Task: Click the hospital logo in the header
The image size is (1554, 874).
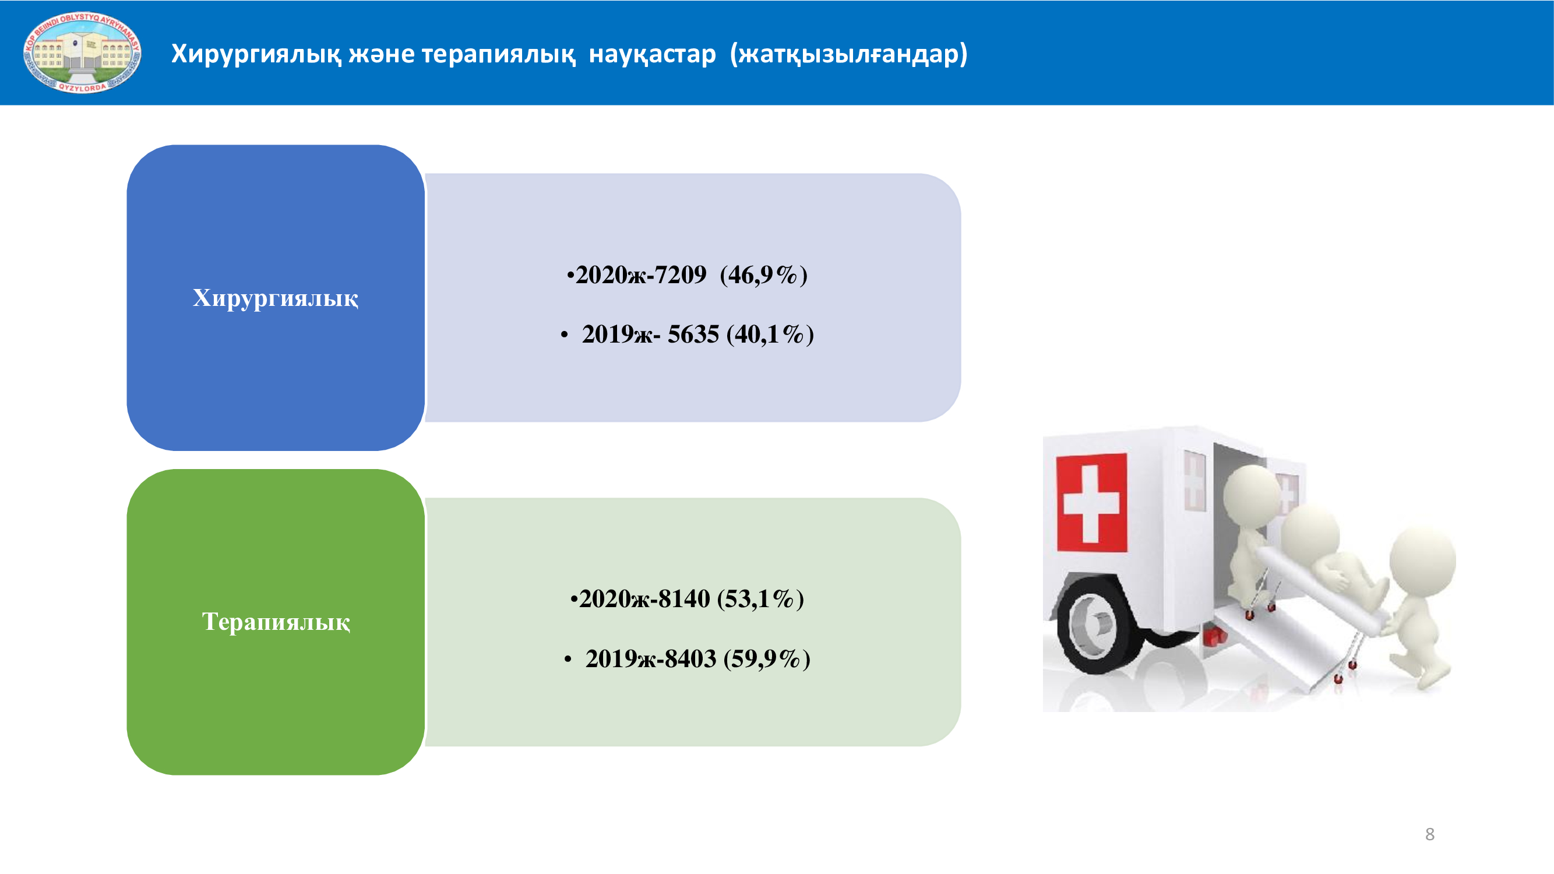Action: [x=82, y=52]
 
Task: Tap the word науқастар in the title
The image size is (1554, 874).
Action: [x=652, y=54]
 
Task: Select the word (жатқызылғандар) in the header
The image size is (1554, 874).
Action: [x=849, y=54]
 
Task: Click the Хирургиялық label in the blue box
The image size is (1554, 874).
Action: [x=276, y=298]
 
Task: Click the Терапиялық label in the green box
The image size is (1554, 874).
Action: [x=276, y=622]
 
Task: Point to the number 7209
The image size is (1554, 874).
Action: [x=681, y=275]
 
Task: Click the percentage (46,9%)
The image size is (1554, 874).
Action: [x=764, y=275]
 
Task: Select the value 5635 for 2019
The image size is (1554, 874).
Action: [x=693, y=334]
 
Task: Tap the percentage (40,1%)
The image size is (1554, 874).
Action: [x=770, y=334]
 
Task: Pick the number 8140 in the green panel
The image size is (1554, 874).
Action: [x=684, y=599]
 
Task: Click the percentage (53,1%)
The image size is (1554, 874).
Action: [x=761, y=599]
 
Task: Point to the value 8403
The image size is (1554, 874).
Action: [x=690, y=658]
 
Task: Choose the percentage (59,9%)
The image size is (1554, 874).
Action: [x=767, y=658]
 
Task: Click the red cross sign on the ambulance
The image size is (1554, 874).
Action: [x=1091, y=502]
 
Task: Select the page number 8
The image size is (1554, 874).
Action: [x=1430, y=834]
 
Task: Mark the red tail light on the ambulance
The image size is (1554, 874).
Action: [x=1214, y=636]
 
